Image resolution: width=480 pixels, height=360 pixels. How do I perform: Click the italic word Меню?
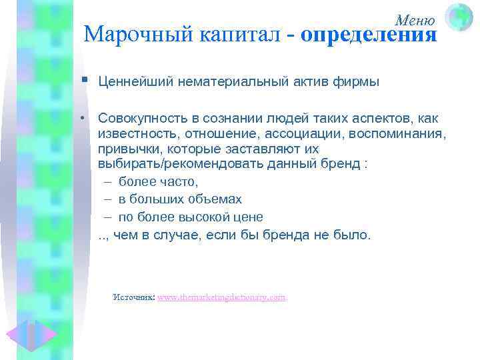click(415, 20)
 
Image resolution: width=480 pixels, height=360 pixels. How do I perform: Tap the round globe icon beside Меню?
click(459, 16)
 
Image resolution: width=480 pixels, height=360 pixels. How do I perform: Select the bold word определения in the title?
click(369, 34)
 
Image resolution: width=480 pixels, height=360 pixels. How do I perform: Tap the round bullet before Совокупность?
click(86, 118)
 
